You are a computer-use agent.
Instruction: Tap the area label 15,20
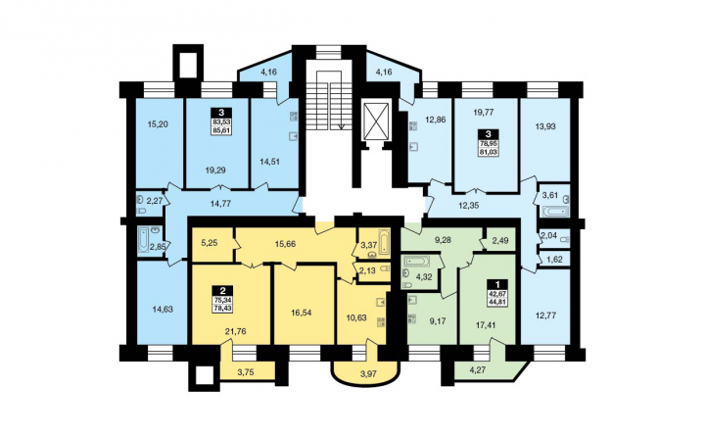[158, 124]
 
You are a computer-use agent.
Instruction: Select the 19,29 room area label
[215, 170]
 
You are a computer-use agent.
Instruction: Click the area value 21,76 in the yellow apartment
[235, 331]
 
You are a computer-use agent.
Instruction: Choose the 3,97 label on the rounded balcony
[364, 373]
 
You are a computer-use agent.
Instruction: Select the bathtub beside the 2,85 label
[143, 240]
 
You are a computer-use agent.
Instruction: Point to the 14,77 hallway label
[220, 204]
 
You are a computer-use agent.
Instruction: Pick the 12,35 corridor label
[468, 205]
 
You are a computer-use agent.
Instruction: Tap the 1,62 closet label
[555, 260]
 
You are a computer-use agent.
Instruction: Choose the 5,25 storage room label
[210, 243]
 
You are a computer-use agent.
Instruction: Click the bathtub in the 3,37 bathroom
[384, 243]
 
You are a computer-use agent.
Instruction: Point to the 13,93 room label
[545, 126]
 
